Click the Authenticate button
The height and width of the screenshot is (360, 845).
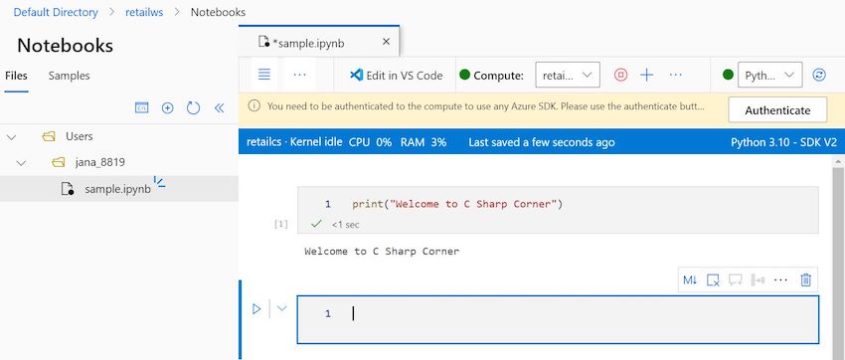[777, 110]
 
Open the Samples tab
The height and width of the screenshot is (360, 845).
[69, 76]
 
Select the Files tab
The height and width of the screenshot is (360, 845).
[16, 76]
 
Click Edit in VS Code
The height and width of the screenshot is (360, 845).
[395, 75]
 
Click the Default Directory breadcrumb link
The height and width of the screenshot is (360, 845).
[56, 12]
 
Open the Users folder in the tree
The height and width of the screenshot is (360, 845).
[79, 136]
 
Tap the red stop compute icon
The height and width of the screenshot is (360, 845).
[620, 75]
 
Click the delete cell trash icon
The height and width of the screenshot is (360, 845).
[806, 280]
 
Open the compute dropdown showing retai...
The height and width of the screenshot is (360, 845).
[567, 75]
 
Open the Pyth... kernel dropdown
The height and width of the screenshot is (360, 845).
[771, 75]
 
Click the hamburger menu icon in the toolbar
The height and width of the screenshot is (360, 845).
[263, 75]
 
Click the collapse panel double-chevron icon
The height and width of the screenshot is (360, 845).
[220, 107]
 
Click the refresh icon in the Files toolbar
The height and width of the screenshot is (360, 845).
[194, 107]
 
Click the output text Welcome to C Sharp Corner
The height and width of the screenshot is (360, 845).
[382, 252]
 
